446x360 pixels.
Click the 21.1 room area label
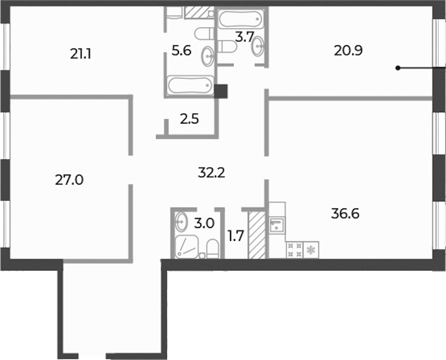pyautogui.click(x=80, y=54)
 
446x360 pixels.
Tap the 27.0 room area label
pyautogui.click(x=69, y=180)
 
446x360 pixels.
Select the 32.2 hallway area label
pyautogui.click(x=212, y=173)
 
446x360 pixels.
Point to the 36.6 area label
pyautogui.click(x=345, y=213)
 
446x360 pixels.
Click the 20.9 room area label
pyautogui.click(x=348, y=51)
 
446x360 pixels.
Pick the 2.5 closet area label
pyautogui.click(x=189, y=119)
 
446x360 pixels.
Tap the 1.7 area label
pyautogui.click(x=236, y=236)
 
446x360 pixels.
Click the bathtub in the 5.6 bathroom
pyautogui.click(x=191, y=85)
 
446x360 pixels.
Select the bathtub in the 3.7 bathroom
pyautogui.click(x=241, y=19)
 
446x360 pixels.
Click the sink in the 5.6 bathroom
pyautogui.click(x=208, y=56)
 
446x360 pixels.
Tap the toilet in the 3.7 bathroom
pyautogui.click(x=227, y=47)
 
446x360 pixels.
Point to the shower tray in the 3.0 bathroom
pyautogui.click(x=187, y=247)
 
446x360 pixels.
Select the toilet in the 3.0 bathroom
pyautogui.click(x=212, y=249)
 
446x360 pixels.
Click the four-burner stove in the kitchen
pyautogui.click(x=294, y=250)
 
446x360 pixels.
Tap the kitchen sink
pyautogui.click(x=277, y=225)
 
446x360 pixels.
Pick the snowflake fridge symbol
pyautogui.click(x=311, y=250)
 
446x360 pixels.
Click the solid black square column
pyautogui.click(x=220, y=92)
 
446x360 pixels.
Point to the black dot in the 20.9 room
pyautogui.click(x=398, y=68)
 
